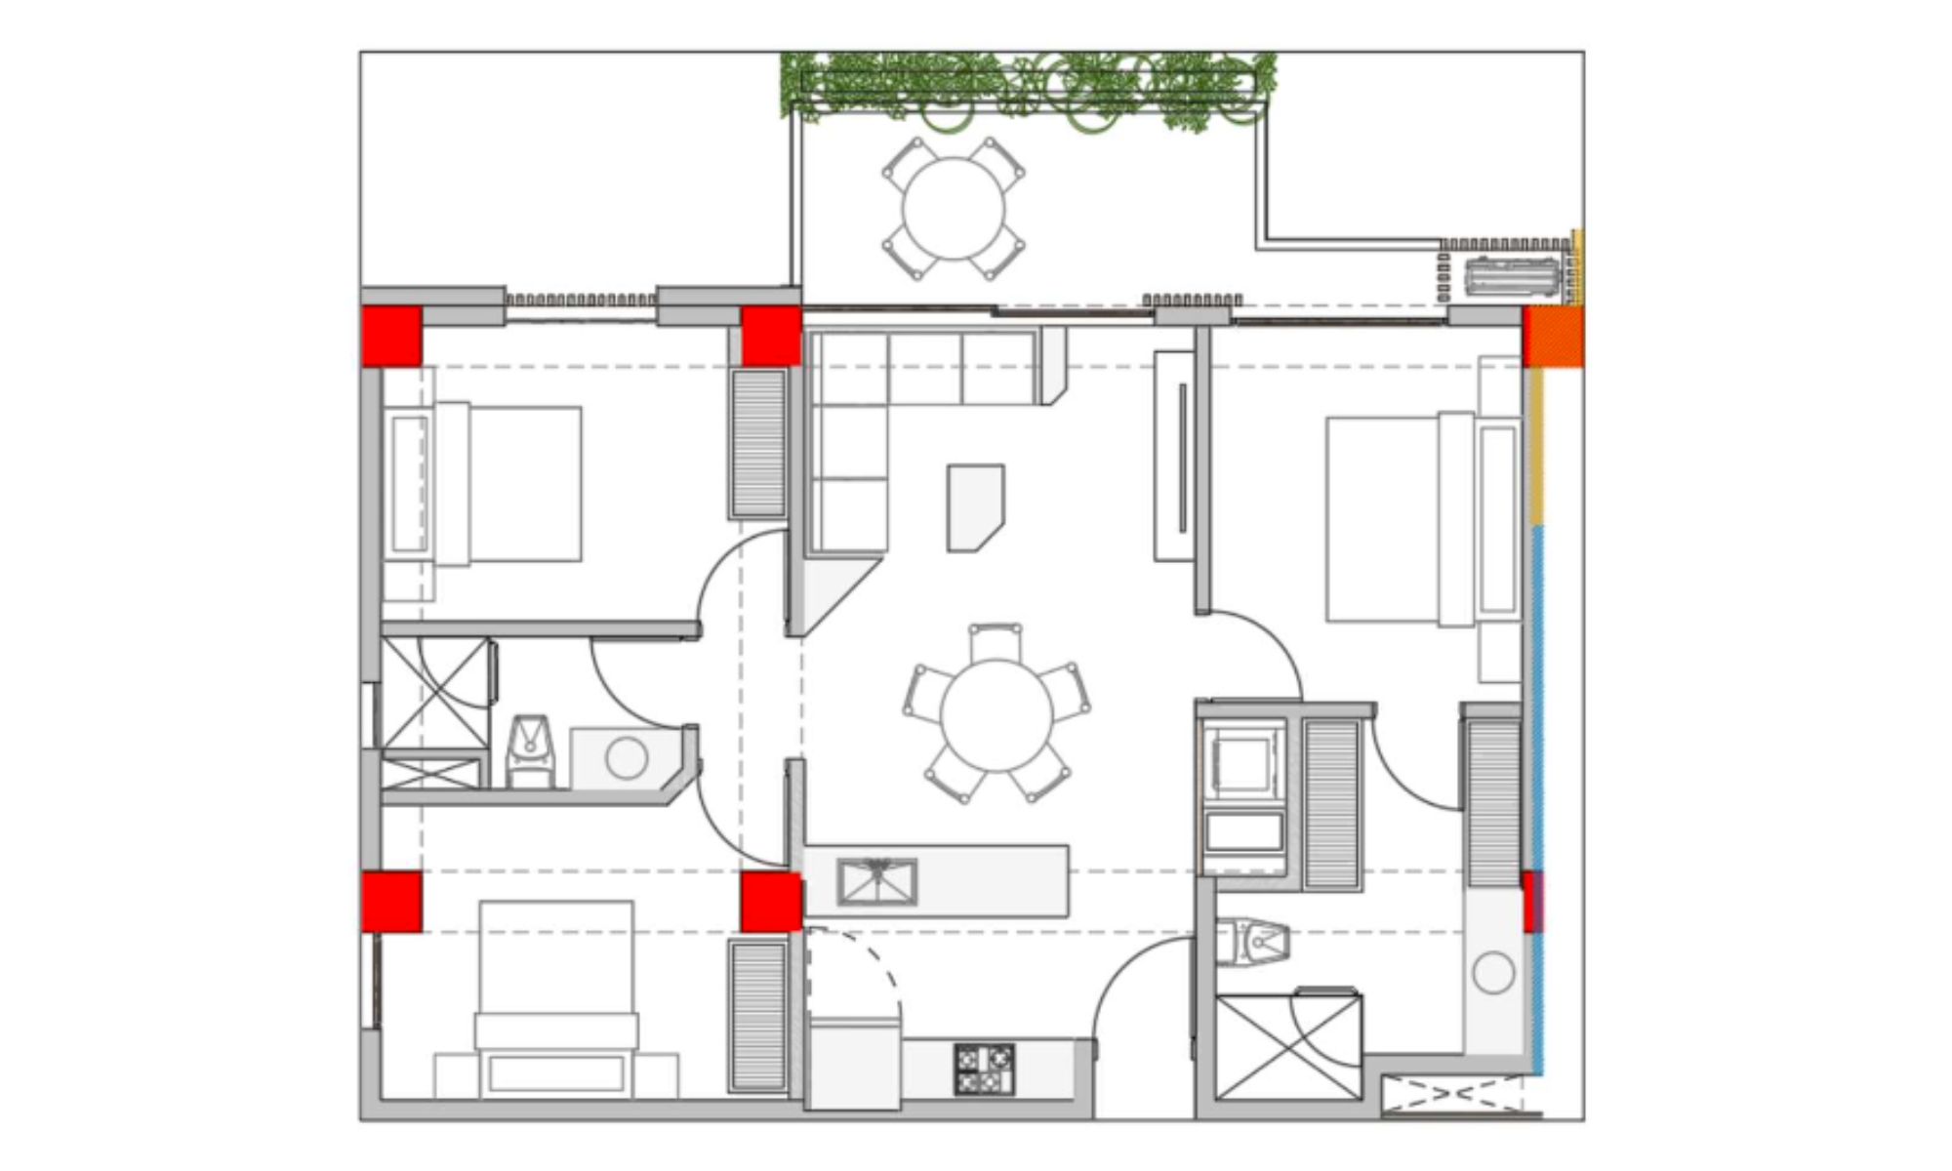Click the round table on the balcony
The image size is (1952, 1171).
(954, 208)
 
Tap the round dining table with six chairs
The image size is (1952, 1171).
(996, 715)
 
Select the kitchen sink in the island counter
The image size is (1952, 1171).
(877, 881)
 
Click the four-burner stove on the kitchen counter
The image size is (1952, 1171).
(984, 1070)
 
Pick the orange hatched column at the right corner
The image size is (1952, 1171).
(1554, 338)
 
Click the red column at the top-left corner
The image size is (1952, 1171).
(391, 337)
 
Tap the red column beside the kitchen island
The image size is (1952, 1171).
(771, 902)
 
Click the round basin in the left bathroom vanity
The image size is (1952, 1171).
(626, 758)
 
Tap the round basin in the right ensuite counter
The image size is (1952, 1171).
(1492, 973)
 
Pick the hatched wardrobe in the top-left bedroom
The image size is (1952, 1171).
(758, 444)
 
